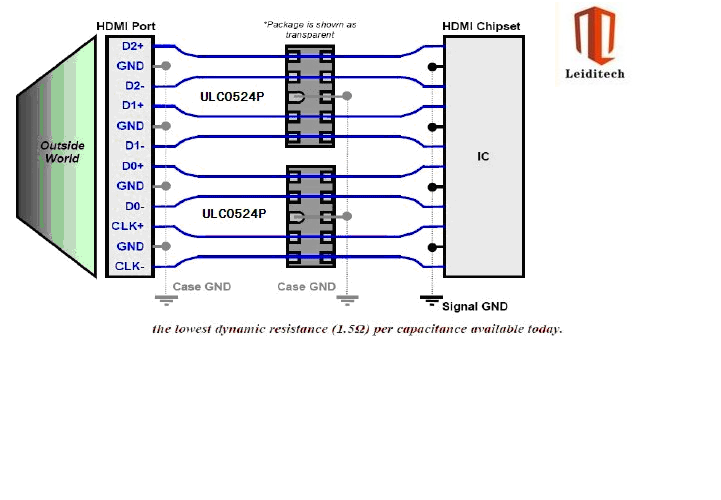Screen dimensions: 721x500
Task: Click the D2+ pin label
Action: (133, 46)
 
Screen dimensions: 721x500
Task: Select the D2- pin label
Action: (135, 86)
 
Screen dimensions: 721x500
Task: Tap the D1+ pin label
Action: (133, 105)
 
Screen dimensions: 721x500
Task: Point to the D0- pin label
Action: (135, 207)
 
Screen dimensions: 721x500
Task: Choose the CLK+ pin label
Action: (128, 226)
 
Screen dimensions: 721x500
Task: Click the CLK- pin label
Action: (130, 266)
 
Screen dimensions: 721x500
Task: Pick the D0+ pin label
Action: (133, 166)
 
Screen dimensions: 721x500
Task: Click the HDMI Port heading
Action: (126, 26)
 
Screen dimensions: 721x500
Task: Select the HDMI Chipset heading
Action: (481, 26)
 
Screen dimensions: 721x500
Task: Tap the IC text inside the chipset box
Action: (483, 156)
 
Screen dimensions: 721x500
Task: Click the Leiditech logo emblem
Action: (595, 35)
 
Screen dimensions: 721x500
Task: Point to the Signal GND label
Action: (475, 306)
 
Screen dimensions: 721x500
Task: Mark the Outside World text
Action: (62, 152)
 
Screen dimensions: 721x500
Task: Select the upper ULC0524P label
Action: (232, 97)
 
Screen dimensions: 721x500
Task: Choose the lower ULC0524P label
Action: (234, 214)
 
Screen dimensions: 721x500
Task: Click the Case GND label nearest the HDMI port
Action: (202, 287)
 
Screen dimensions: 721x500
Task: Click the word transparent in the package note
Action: (309, 35)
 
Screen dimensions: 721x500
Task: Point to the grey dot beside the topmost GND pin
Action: (166, 66)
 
